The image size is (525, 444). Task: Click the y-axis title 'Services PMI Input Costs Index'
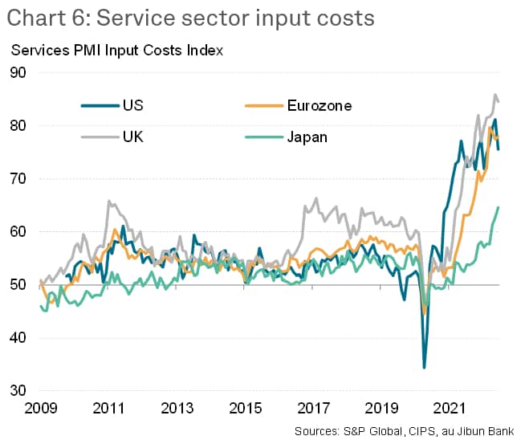coord(116,51)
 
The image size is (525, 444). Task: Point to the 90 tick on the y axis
coord(18,73)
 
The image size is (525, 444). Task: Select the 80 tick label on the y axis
coord(18,126)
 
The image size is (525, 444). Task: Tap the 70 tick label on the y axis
coord(18,179)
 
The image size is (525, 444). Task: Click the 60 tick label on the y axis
coord(18,232)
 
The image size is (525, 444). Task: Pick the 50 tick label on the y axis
coord(18,285)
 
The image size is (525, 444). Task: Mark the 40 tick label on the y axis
coord(18,338)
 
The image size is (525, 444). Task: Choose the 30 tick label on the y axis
coord(18,391)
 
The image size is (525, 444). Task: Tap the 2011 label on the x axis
coord(108,409)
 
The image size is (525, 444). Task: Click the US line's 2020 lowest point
coord(424,367)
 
